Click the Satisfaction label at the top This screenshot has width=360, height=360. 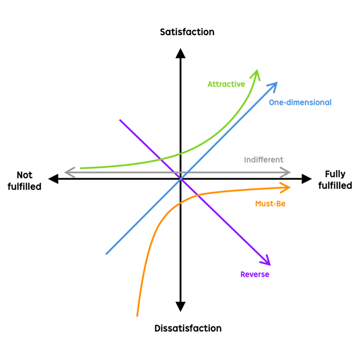(x=187, y=32)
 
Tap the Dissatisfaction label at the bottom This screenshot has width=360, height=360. (x=188, y=328)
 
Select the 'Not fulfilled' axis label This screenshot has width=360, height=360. (x=24, y=181)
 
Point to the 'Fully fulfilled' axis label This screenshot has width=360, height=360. (x=335, y=180)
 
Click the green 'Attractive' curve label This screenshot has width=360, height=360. (x=226, y=84)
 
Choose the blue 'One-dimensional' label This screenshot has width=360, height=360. (x=300, y=102)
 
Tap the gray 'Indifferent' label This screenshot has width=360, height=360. (x=263, y=159)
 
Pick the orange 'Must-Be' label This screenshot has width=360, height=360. (x=270, y=204)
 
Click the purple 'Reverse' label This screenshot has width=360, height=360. (x=255, y=274)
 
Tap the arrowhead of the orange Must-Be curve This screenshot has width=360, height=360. (x=286, y=187)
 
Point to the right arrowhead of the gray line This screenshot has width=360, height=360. (x=286, y=172)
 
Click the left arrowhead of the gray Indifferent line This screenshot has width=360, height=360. (x=68, y=172)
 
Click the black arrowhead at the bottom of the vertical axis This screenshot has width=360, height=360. (x=180, y=307)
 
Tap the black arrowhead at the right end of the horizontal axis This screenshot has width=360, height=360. (x=307, y=179)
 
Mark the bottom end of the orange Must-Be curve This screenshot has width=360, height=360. (x=137, y=315)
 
